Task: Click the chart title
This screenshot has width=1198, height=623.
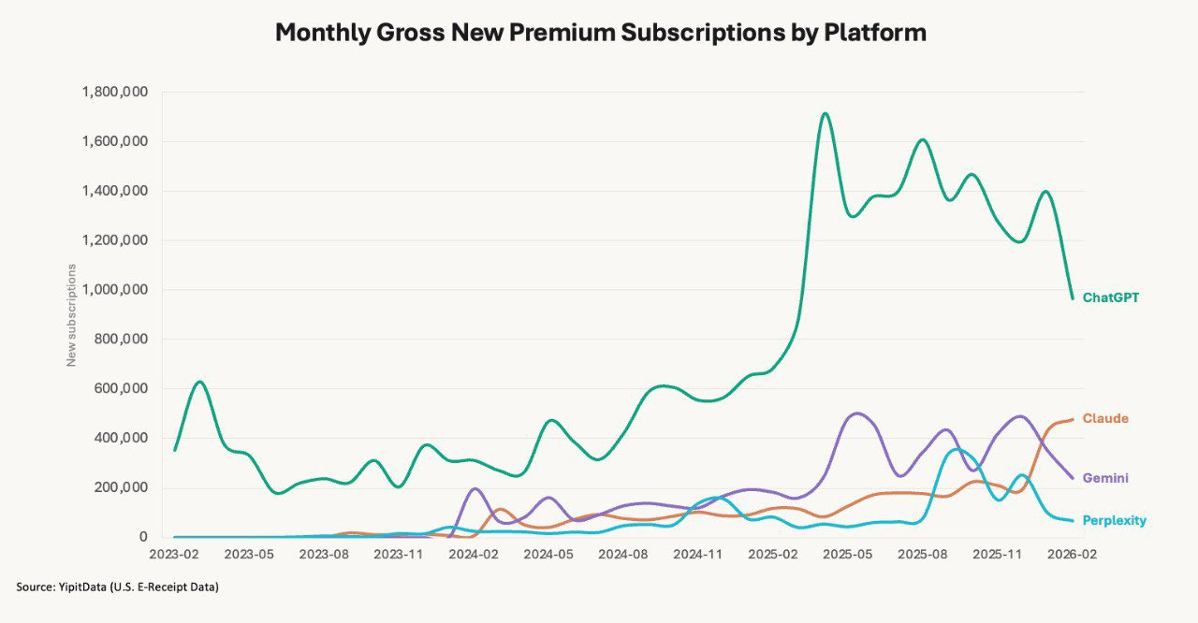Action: point(600,33)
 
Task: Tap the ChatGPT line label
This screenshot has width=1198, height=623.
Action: point(1110,297)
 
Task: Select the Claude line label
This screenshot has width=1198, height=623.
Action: point(1105,418)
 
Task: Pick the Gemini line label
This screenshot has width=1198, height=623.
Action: point(1105,478)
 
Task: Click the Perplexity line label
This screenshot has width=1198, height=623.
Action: point(1114,520)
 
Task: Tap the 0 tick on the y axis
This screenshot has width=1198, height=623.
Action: point(143,537)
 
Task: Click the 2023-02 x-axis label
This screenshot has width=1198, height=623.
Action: point(175,554)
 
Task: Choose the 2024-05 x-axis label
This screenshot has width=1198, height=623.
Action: point(548,554)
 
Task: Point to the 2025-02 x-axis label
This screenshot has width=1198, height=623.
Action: point(773,554)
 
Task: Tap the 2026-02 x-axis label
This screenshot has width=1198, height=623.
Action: point(1072,554)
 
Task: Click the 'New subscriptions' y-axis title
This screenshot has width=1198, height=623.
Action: point(71,314)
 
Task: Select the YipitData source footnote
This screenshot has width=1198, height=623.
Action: point(118,587)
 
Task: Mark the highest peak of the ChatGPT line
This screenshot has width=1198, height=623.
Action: point(825,114)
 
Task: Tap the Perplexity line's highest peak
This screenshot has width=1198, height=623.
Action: point(955,450)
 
